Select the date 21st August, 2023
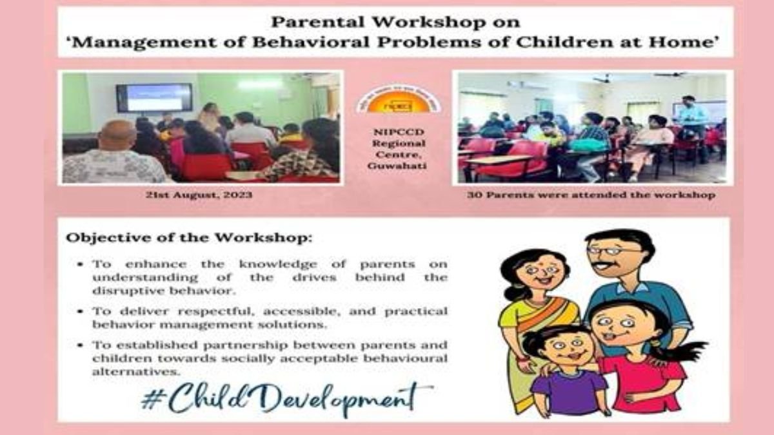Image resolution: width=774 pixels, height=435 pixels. click(199, 195)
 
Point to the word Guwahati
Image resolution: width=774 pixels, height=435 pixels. click(397, 166)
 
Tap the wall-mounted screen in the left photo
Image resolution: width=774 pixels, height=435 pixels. click(154, 97)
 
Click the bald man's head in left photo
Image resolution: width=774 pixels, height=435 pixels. click(117, 135)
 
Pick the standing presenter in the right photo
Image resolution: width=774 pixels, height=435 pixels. click(691, 128)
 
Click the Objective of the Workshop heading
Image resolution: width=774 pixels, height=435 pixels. click(189, 238)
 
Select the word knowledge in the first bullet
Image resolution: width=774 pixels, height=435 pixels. click(278, 264)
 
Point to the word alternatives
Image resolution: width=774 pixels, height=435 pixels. click(136, 372)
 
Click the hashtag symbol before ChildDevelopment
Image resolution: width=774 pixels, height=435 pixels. click(150, 400)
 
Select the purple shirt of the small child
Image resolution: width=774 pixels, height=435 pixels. click(570, 392)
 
